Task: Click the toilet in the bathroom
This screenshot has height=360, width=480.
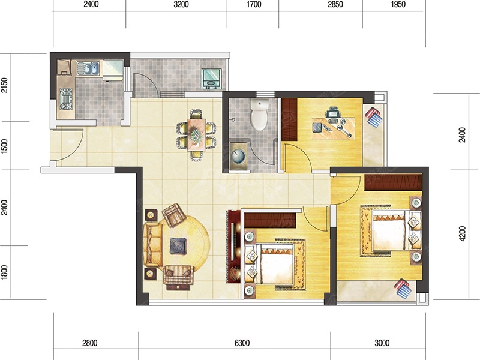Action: [259, 114]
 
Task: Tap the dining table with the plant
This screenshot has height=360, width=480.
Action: [196, 134]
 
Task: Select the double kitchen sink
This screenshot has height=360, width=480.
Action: [88, 68]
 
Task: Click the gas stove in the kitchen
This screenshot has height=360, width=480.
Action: [66, 99]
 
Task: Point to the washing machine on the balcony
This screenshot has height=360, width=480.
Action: [211, 79]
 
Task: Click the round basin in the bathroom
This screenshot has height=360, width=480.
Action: [239, 156]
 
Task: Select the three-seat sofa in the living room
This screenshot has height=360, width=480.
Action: [152, 245]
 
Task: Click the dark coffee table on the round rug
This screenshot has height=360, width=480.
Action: [178, 246]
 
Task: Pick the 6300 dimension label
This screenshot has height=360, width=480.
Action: [242, 343]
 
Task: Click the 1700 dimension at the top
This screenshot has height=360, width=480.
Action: [253, 4]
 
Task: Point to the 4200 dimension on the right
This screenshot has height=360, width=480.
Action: [462, 233]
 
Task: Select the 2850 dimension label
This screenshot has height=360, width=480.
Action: [335, 4]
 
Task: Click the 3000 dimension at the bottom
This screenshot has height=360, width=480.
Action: [382, 343]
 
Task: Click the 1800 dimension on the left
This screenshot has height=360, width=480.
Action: [4, 272]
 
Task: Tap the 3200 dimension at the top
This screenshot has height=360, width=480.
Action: [181, 4]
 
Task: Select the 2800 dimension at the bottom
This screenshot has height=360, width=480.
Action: [89, 343]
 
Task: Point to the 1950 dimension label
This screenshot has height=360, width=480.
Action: [398, 4]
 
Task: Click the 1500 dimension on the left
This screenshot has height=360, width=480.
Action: [4, 146]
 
